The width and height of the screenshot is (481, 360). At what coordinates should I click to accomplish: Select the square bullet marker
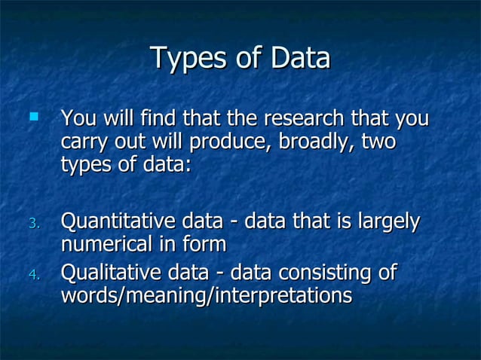pos(32,117)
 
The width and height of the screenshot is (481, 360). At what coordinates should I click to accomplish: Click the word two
pos(378,142)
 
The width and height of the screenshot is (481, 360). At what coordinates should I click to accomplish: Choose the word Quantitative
pos(117,222)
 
